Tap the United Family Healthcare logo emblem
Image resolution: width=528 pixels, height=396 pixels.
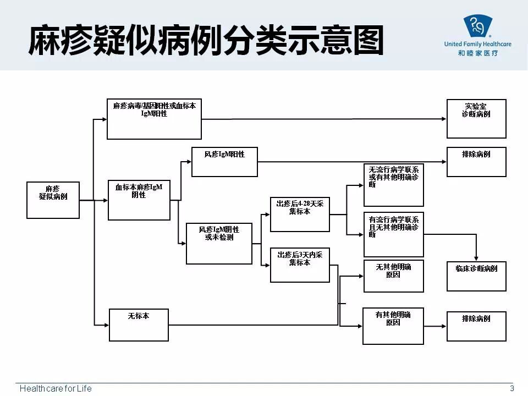477,26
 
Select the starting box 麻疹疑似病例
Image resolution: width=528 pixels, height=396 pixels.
53,200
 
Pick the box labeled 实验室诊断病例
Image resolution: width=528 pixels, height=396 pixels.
476,119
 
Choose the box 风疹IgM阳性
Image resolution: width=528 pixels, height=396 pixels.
224,162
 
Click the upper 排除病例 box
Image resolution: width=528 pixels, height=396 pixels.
476,162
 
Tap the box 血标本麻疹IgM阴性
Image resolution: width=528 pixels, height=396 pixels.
139,200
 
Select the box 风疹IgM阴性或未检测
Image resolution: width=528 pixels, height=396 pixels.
218,243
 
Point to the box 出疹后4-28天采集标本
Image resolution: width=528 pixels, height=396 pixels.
300,214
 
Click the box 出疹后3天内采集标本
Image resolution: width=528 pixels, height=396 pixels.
300,265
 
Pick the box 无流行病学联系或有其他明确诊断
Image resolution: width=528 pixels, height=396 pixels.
393,185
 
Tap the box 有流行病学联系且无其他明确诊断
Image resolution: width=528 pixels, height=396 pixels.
393,234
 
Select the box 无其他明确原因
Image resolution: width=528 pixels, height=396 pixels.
393,276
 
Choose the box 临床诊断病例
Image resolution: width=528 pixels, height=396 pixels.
476,276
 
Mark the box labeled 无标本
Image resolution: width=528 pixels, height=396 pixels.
139,324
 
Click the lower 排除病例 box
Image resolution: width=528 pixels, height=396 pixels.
476,326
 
